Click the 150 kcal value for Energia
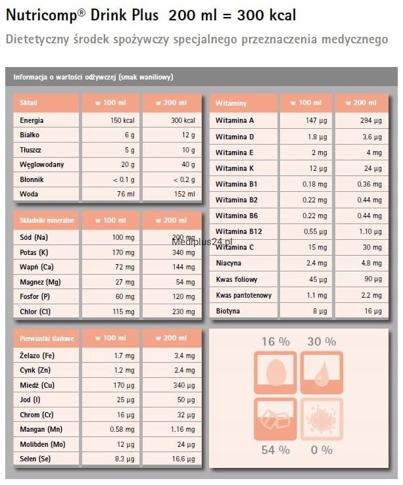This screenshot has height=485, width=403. click(x=122, y=121)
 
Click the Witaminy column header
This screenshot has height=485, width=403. click(x=231, y=103)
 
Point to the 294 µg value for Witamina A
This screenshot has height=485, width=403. click(x=369, y=121)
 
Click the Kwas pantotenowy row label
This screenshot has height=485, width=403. click(x=243, y=295)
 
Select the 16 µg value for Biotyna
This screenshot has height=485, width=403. click(x=373, y=311)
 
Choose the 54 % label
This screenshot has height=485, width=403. click(x=275, y=450)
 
